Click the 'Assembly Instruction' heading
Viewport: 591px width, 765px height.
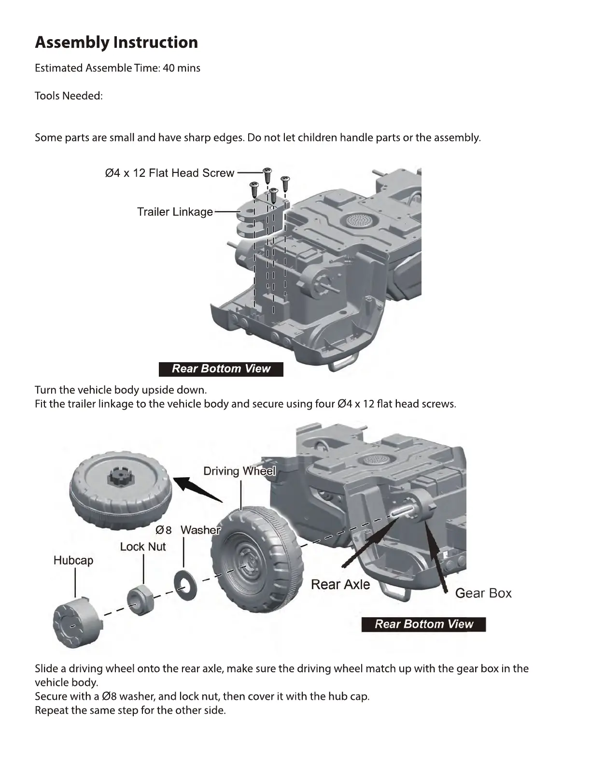116,42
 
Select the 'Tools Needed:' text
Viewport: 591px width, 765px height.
69,96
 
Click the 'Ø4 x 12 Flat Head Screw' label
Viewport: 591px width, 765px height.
169,173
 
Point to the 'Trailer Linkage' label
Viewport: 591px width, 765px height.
175,212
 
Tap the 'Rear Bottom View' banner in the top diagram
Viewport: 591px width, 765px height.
221,369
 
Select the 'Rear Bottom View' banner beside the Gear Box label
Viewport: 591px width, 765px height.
423,624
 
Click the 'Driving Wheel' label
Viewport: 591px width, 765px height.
239,471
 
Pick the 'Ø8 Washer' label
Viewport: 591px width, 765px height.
188,530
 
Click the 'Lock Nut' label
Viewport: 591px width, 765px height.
143,547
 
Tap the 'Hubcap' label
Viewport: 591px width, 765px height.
73,560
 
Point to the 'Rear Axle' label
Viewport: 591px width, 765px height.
340,584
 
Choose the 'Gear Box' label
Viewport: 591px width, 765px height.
483,593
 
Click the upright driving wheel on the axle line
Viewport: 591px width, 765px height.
256,560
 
